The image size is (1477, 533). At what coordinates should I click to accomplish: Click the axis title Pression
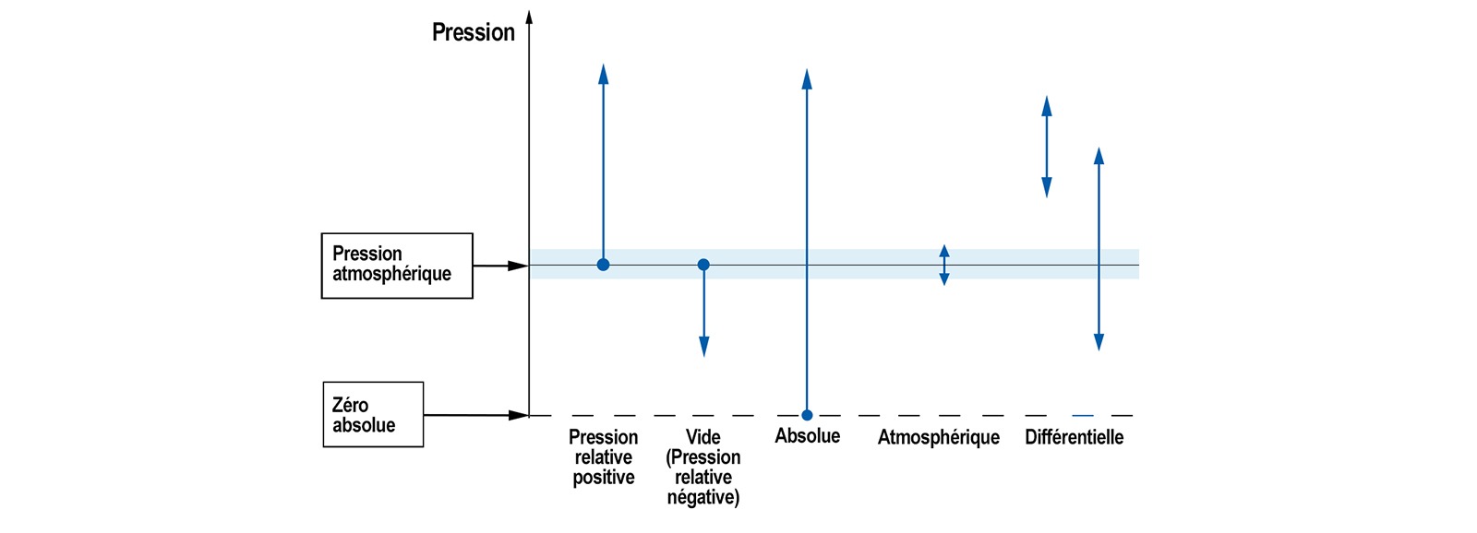pyautogui.click(x=473, y=32)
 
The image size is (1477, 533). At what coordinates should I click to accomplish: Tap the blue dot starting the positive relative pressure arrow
pyautogui.click(x=604, y=265)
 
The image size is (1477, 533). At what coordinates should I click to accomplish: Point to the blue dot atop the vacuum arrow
pyautogui.click(x=703, y=265)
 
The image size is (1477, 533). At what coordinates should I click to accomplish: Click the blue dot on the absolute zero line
pyautogui.click(x=807, y=415)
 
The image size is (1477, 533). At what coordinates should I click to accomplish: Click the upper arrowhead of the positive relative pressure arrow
pyautogui.click(x=604, y=74)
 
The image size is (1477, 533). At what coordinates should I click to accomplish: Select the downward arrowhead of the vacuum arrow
pyautogui.click(x=703, y=347)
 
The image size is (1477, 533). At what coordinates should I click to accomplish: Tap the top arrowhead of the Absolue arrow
pyautogui.click(x=807, y=79)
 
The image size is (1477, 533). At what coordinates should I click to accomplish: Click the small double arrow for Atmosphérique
pyautogui.click(x=944, y=265)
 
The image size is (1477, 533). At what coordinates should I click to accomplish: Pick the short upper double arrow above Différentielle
pyautogui.click(x=1047, y=147)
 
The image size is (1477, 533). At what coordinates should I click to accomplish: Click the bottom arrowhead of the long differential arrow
pyautogui.click(x=1099, y=341)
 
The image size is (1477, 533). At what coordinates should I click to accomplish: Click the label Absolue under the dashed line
pyautogui.click(x=807, y=435)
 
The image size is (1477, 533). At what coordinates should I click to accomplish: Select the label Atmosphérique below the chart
pyautogui.click(x=938, y=437)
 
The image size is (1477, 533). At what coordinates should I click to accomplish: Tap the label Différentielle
pyautogui.click(x=1075, y=437)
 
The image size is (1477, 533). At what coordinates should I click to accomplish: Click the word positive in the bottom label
pyautogui.click(x=604, y=477)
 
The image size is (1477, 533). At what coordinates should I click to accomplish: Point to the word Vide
pyautogui.click(x=702, y=437)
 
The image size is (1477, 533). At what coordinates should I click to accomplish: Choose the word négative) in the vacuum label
pyautogui.click(x=702, y=497)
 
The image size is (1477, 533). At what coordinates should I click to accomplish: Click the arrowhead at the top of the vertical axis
pyautogui.click(x=529, y=18)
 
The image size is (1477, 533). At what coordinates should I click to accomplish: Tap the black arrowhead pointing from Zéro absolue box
pyautogui.click(x=518, y=415)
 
